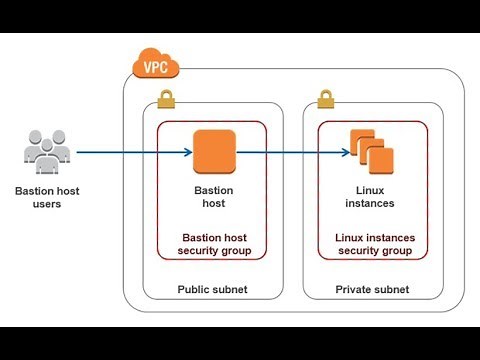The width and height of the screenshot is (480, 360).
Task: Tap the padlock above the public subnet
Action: click(x=166, y=100)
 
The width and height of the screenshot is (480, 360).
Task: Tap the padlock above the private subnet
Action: click(x=325, y=100)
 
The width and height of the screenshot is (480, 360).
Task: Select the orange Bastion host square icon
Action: click(x=213, y=152)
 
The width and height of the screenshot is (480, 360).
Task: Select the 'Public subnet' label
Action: click(x=212, y=289)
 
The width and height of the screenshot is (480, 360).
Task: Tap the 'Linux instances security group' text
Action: click(x=374, y=243)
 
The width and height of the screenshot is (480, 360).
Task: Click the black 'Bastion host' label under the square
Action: click(x=212, y=195)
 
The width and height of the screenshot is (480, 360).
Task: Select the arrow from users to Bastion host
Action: click(x=130, y=153)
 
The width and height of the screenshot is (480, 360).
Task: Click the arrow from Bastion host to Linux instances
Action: click(x=290, y=153)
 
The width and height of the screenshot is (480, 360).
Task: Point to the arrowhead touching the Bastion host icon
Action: click(x=187, y=153)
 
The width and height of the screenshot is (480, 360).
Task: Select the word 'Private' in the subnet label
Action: click(x=353, y=289)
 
